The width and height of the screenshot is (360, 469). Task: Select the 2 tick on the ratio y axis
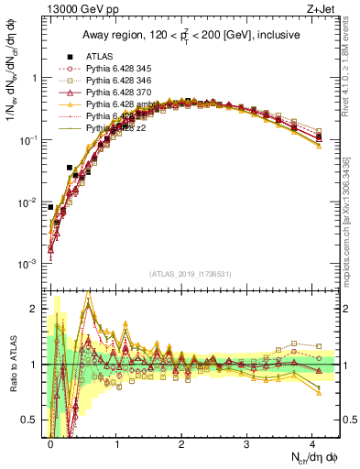coord(38,309)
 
